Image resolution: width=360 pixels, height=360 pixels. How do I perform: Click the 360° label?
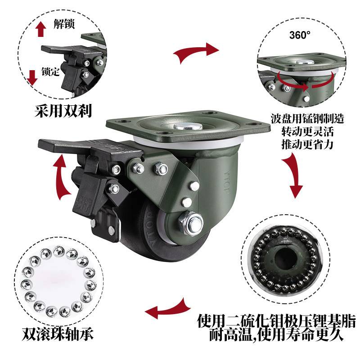coord(300,35)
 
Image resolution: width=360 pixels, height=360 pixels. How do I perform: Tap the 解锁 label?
coord(64,24)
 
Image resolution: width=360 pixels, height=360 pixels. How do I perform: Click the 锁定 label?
coord(51,72)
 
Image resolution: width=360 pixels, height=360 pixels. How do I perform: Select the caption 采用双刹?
coord(63,111)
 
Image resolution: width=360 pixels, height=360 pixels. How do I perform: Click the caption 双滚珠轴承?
coord(58,334)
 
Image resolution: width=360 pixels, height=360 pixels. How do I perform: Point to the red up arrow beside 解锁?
coord(41,29)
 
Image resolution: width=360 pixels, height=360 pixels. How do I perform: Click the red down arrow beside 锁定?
coord(32,77)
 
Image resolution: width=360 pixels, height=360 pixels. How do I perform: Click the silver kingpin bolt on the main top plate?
coord(188,126)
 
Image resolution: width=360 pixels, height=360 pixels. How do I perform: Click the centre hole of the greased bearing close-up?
coord(286,260)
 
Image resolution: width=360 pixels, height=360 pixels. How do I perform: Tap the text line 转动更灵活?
coord(307,132)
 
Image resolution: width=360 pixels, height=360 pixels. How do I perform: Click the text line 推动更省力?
coord(307,144)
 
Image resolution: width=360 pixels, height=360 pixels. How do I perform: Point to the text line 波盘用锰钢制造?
coord(307,119)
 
